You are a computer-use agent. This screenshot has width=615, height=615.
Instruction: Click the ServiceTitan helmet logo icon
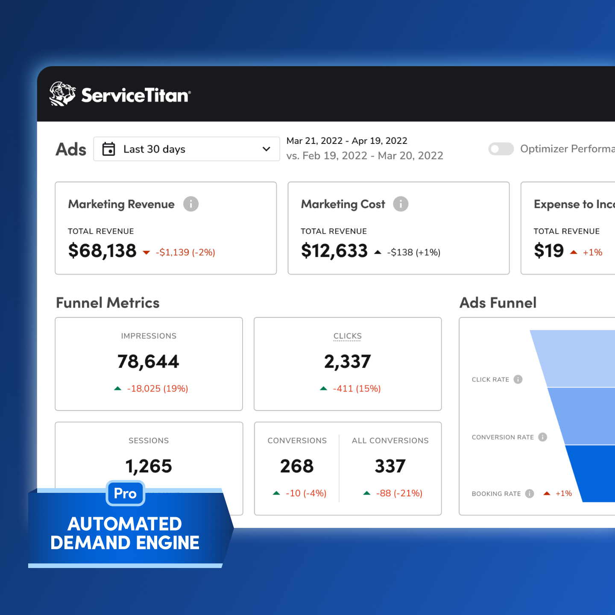[62, 94]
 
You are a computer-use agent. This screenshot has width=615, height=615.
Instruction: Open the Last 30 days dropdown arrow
[266, 149]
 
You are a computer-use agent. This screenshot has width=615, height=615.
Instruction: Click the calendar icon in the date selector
[109, 149]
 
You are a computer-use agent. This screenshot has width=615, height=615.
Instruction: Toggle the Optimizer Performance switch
[501, 149]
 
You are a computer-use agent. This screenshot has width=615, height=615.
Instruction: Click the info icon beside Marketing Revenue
[191, 204]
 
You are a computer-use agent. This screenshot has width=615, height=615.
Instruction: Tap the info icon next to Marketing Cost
[401, 204]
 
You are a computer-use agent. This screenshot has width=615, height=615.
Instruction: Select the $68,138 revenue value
[102, 251]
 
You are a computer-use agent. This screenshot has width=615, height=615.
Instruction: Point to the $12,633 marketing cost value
[334, 251]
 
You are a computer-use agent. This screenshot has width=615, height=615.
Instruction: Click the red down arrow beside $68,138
[146, 252]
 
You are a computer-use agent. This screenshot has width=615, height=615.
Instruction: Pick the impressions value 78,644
[149, 362]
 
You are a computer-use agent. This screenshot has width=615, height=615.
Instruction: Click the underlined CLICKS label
[348, 336]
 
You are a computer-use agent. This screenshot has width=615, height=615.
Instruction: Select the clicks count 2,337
[348, 362]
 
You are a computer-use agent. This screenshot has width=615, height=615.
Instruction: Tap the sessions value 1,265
[149, 466]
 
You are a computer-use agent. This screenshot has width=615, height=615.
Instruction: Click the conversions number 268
[297, 466]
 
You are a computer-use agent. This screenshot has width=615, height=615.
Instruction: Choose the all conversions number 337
[390, 466]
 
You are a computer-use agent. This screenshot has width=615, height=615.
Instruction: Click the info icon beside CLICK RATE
[518, 379]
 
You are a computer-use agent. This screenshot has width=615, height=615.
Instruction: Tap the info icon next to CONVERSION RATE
[543, 437]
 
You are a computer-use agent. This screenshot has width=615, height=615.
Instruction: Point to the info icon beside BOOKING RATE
[530, 494]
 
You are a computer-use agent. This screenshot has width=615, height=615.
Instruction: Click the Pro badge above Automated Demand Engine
[126, 493]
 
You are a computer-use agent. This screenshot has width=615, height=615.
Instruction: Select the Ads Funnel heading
[498, 303]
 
